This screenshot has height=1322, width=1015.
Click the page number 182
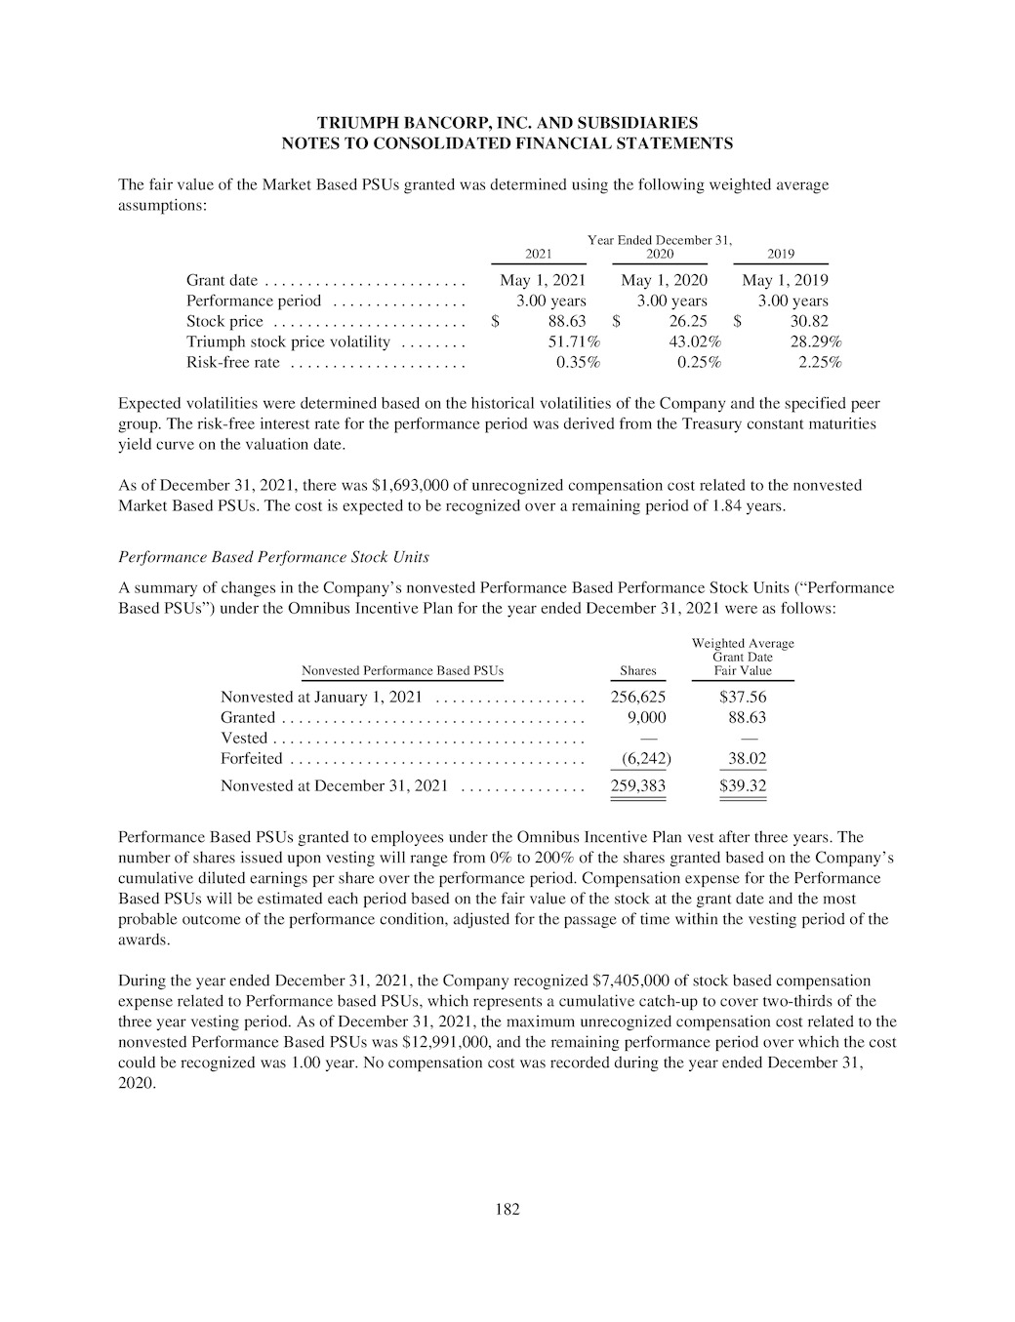click(x=507, y=1210)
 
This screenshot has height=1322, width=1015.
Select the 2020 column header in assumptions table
click(x=660, y=254)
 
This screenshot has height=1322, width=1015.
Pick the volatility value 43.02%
click(x=695, y=341)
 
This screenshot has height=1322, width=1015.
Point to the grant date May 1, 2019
click(x=785, y=280)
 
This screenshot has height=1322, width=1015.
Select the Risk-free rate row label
click(x=232, y=363)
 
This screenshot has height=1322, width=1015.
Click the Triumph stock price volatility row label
click(x=288, y=341)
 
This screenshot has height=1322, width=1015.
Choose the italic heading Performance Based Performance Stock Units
click(x=273, y=557)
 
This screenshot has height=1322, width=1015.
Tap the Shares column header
click(x=638, y=671)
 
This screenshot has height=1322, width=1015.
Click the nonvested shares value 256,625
click(x=638, y=697)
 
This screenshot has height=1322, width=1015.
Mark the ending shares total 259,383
click(x=638, y=785)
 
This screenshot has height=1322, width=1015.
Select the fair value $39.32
click(x=743, y=785)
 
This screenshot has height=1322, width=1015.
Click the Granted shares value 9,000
click(x=646, y=717)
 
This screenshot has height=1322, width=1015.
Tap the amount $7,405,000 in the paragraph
click(x=630, y=980)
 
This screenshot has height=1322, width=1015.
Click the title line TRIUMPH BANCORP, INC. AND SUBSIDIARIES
click(x=507, y=123)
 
